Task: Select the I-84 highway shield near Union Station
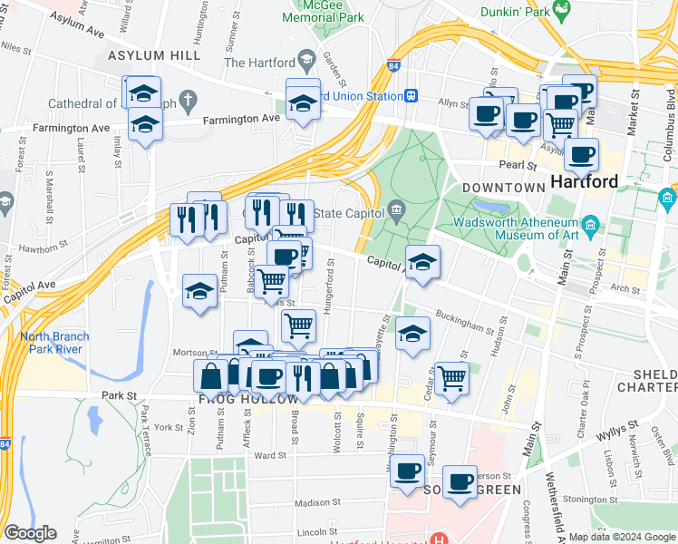click(x=392, y=66)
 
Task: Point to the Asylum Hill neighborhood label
click(x=153, y=56)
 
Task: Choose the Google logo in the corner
click(x=30, y=533)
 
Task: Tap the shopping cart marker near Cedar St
click(x=451, y=378)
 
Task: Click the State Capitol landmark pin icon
click(x=397, y=212)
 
